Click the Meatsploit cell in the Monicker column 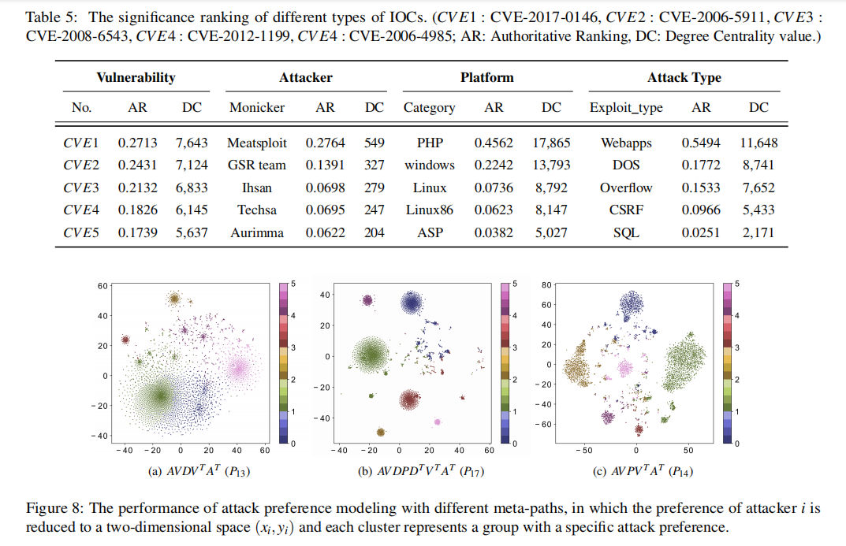(257, 143)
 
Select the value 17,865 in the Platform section (552, 143)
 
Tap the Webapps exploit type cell (625, 143)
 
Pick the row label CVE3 (81, 188)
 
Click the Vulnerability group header (136, 77)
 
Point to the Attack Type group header (684, 77)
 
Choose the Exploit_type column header (626, 107)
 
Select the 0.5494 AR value (701, 143)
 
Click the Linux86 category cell (430, 210)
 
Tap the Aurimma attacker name (257, 233)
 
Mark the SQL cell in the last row (625, 233)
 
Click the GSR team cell (257, 165)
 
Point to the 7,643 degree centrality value (192, 143)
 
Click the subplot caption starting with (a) (193, 472)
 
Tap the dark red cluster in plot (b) (408, 399)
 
